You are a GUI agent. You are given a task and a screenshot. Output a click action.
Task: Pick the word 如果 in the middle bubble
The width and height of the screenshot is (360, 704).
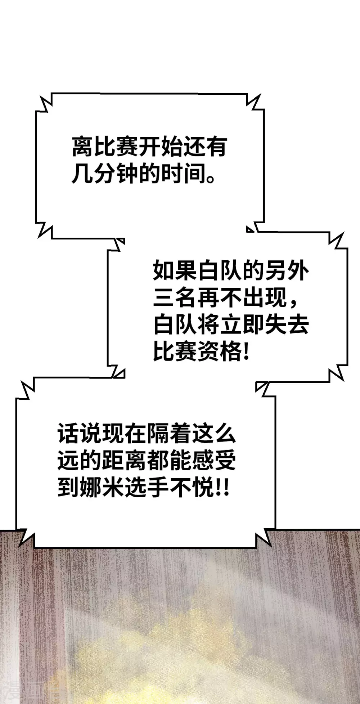[175, 270]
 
